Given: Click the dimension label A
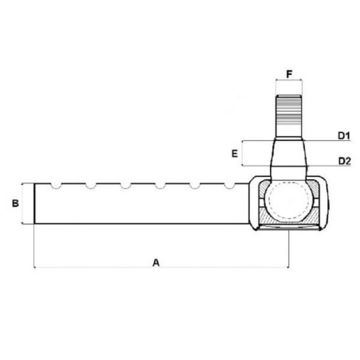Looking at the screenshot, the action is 156,263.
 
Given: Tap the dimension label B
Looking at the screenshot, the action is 15,203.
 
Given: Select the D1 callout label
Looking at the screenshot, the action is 344,135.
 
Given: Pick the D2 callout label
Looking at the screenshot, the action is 345,161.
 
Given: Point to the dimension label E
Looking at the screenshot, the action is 235,154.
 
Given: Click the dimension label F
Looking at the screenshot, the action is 289,74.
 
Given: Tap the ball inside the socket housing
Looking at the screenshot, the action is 288,201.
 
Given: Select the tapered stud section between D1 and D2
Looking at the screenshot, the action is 289,153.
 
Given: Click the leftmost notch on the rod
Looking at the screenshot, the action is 56,186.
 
